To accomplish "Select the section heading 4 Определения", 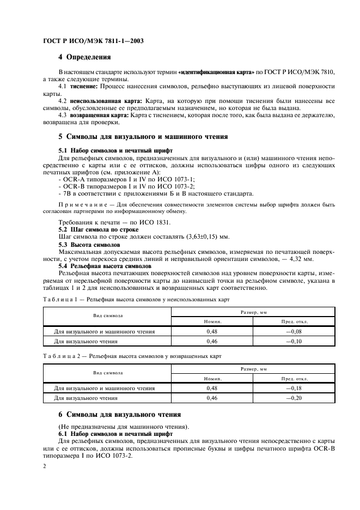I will [84, 57].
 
